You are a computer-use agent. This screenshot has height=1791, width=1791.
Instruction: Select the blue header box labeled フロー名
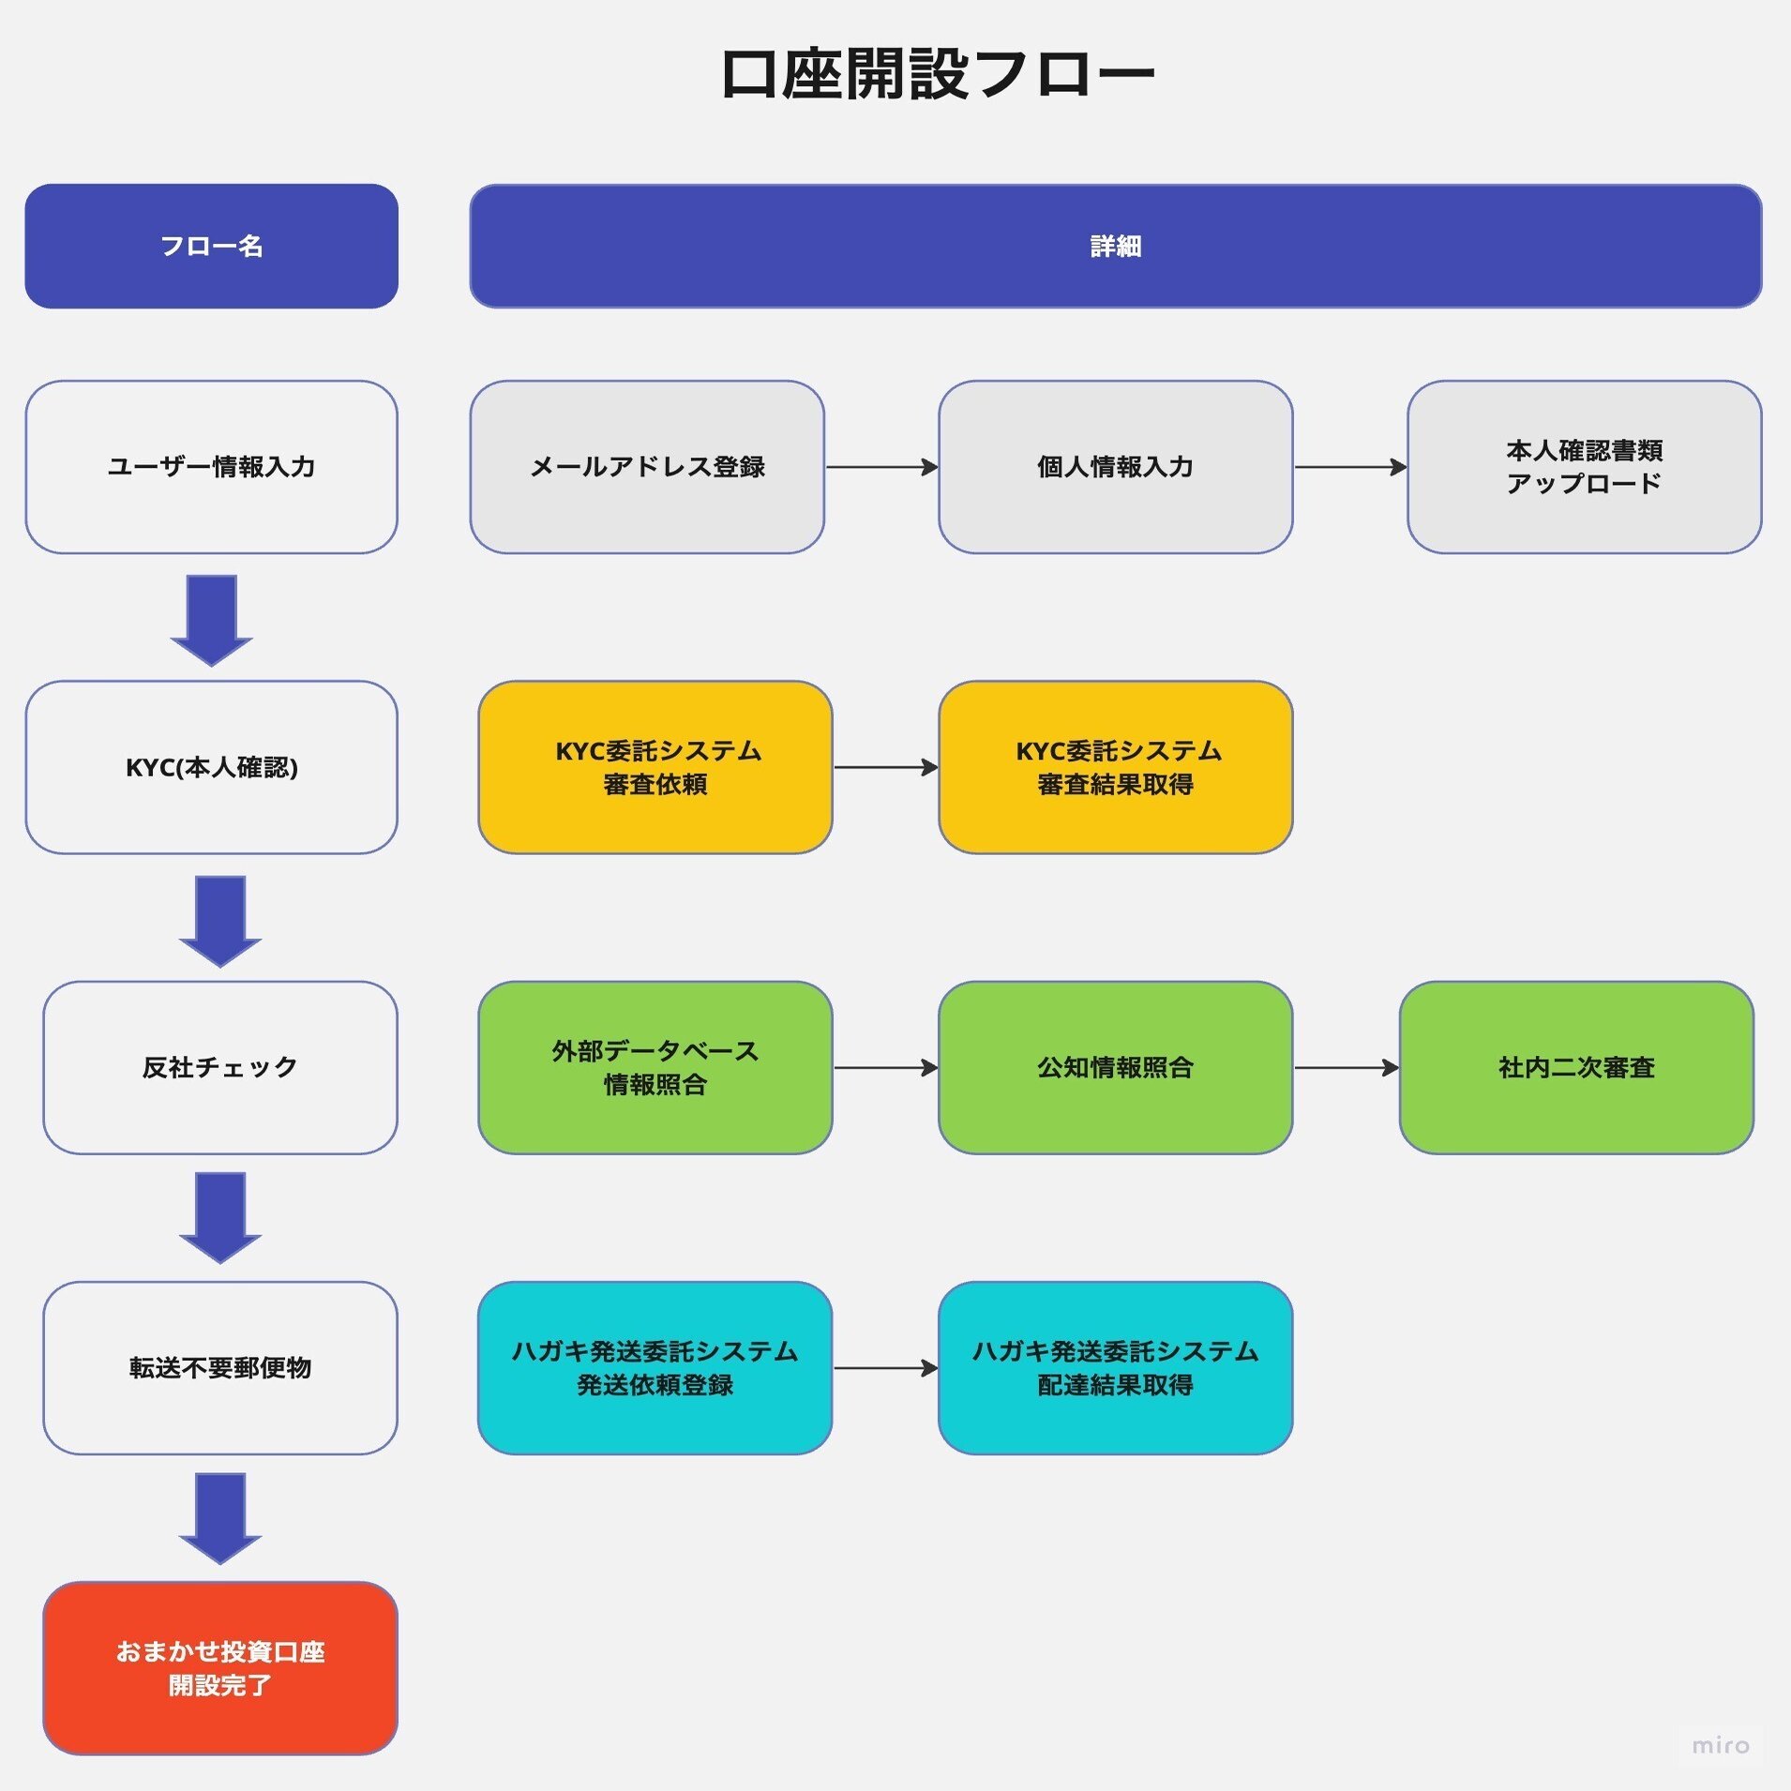(x=211, y=246)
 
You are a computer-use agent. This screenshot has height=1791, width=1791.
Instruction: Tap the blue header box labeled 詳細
(x=1115, y=246)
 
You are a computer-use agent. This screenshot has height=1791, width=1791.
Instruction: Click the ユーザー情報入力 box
(x=211, y=466)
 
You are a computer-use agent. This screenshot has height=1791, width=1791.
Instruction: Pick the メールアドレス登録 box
(x=647, y=466)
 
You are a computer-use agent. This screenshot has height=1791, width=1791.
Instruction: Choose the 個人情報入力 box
(x=1115, y=466)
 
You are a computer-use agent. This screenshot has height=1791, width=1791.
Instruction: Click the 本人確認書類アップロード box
(x=1584, y=466)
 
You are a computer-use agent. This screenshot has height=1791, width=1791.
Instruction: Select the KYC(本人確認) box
(x=211, y=767)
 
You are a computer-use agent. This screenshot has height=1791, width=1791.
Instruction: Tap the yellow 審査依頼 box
(x=655, y=767)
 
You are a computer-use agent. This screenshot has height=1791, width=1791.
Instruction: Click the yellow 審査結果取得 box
(x=1115, y=767)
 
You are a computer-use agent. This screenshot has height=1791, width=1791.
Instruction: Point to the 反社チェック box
(x=219, y=1067)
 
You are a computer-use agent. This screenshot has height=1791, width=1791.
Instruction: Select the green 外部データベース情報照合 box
(x=655, y=1067)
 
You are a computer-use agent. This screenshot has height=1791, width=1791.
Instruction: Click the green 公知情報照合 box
(x=1115, y=1067)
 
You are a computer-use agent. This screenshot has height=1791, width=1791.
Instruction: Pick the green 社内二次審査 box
(x=1576, y=1067)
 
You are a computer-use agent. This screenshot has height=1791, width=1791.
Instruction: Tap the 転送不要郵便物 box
(x=219, y=1367)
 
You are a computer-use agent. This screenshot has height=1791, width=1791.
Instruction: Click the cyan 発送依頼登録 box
(x=655, y=1367)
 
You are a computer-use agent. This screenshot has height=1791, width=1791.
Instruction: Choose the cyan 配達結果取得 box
(x=1115, y=1367)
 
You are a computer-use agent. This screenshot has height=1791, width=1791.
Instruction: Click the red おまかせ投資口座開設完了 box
(x=219, y=1668)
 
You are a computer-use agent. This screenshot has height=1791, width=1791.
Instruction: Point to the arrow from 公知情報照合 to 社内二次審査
(x=1346, y=1067)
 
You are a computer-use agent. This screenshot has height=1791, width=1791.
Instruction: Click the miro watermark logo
(x=1720, y=1745)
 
